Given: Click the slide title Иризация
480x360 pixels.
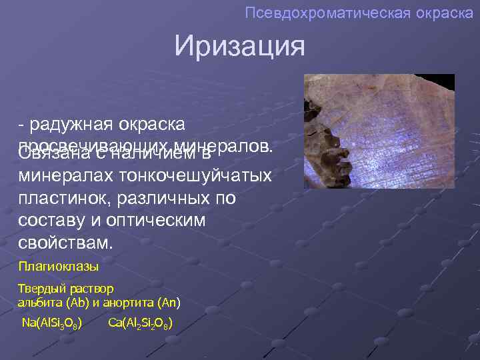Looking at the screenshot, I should (x=239, y=47).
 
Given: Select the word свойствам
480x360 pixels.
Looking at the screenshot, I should (x=67, y=243).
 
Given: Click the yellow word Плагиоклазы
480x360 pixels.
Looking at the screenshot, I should (x=59, y=267).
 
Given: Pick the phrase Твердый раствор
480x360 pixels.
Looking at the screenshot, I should (x=65, y=289).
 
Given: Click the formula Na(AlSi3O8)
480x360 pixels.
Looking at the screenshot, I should (x=52, y=324).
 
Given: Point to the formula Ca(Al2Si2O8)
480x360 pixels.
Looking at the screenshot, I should (x=141, y=324).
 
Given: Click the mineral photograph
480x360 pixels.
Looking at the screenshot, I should (x=379, y=131).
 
